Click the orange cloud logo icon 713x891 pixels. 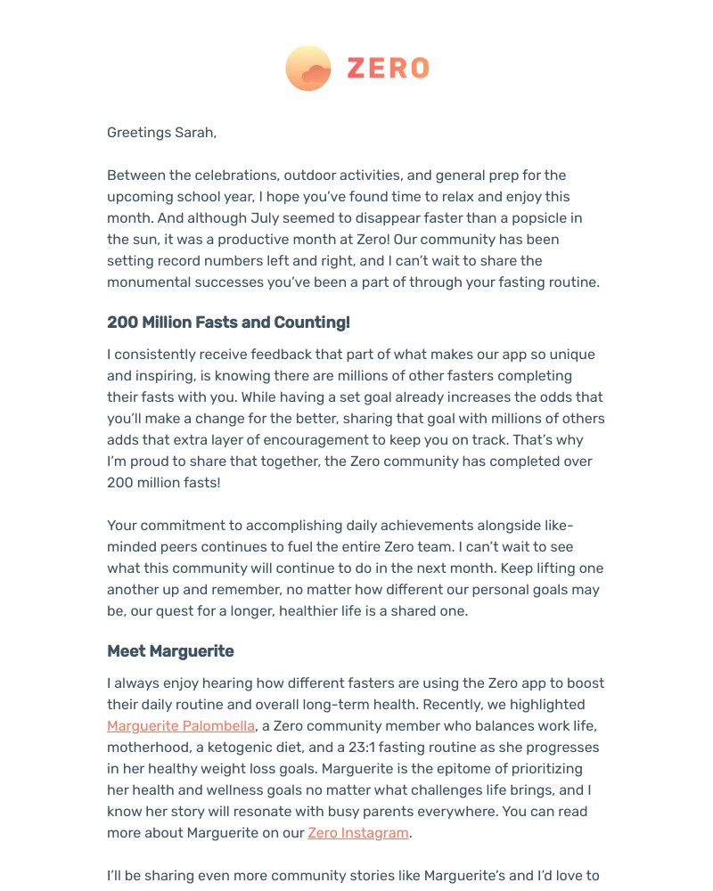pos(308,69)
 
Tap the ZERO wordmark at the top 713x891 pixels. pos(388,69)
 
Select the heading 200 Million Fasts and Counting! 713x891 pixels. pos(228,323)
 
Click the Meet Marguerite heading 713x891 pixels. pos(170,651)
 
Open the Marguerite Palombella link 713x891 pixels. pos(181,726)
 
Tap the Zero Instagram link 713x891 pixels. pos(358,833)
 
